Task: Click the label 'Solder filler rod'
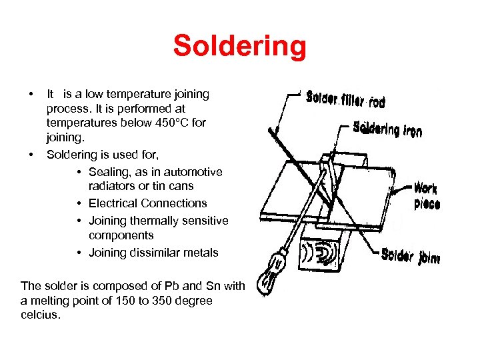click(x=345, y=100)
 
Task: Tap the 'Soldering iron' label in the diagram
click(x=387, y=128)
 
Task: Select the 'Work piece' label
click(x=426, y=196)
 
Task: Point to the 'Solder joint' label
click(x=410, y=255)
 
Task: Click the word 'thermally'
click(x=151, y=221)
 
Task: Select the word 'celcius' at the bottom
click(x=40, y=314)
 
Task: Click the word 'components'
click(x=121, y=235)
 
